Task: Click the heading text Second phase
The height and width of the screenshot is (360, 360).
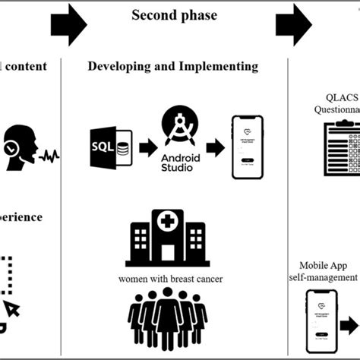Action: click(174, 15)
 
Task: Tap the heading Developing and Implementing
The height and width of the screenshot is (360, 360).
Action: click(173, 66)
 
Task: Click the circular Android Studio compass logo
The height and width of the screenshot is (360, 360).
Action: click(179, 124)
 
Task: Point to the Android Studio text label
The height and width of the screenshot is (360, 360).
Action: click(179, 162)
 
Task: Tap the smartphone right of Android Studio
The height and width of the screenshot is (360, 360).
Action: click(247, 147)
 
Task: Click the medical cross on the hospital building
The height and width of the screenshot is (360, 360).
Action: click(167, 222)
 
